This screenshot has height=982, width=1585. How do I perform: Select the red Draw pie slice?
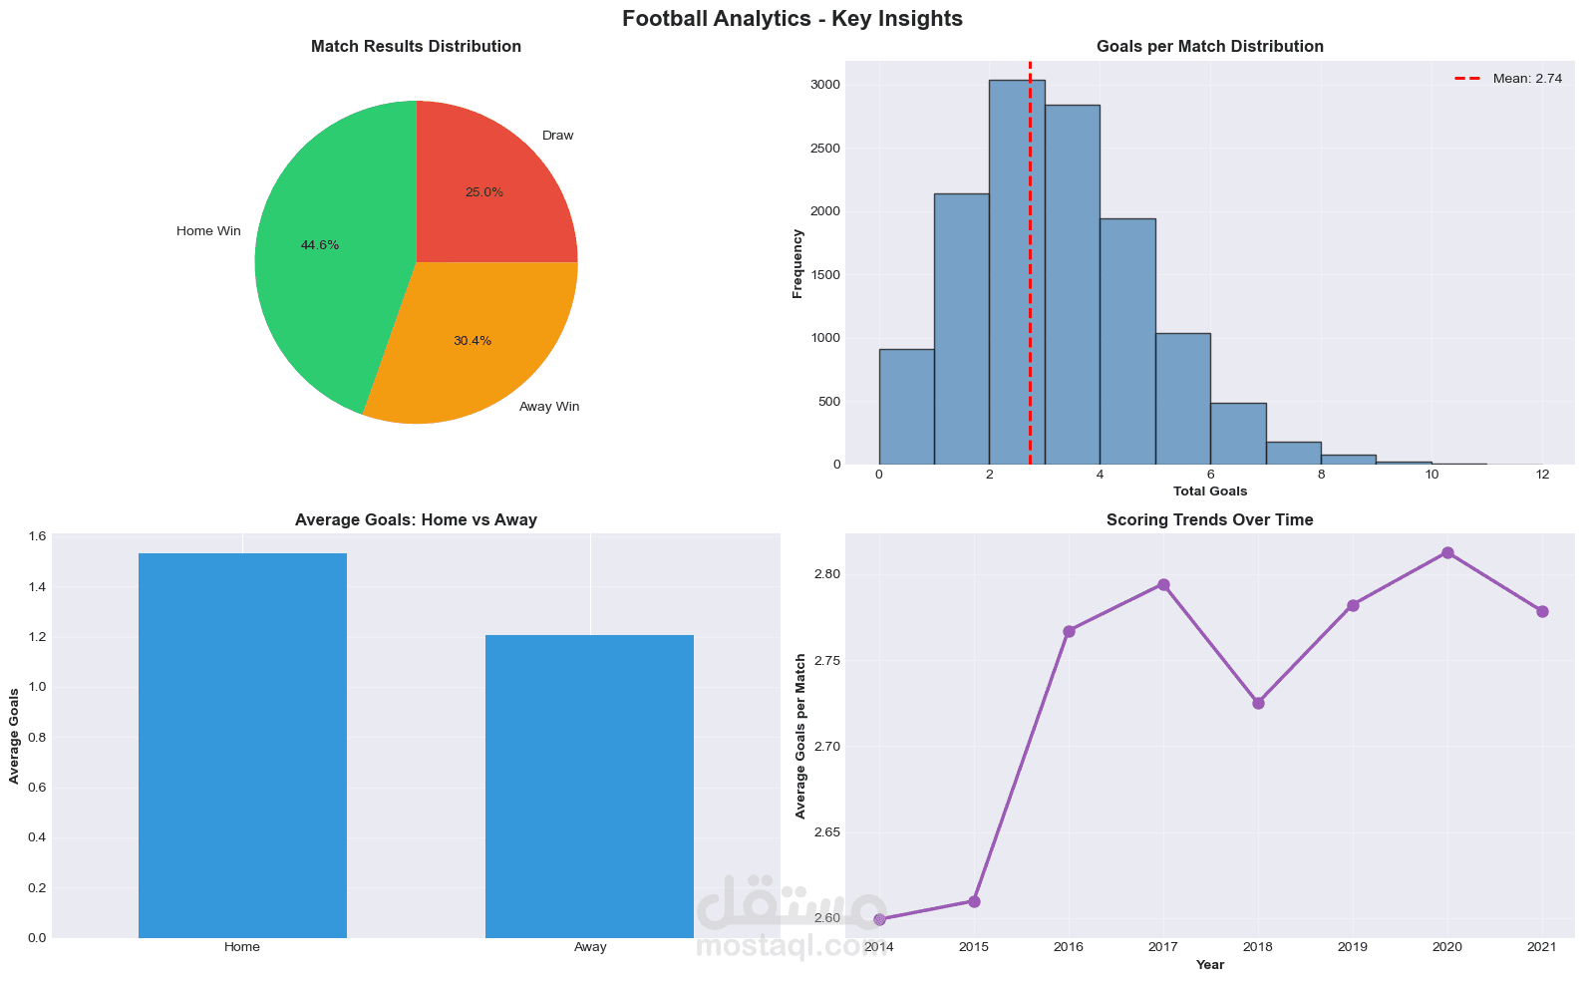pyautogui.click(x=488, y=189)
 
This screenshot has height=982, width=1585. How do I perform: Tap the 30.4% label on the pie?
pyautogui.click(x=473, y=341)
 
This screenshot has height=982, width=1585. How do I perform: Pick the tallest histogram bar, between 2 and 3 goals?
pyautogui.click(x=1017, y=269)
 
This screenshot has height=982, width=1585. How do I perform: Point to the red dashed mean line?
pyautogui.click(x=1030, y=299)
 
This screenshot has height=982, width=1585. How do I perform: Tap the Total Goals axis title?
pyautogui.click(x=1209, y=491)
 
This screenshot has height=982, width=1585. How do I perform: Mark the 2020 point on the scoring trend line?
pyautogui.click(x=1447, y=552)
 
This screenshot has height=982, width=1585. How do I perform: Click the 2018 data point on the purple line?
pyautogui.click(x=1258, y=703)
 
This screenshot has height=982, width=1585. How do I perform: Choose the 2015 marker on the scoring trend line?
pyautogui.click(x=974, y=901)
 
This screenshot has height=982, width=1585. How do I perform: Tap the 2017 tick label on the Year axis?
pyautogui.click(x=1163, y=947)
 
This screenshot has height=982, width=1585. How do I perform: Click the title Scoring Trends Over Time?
pyautogui.click(x=1209, y=519)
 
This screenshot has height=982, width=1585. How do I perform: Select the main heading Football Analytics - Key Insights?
pyautogui.click(x=792, y=18)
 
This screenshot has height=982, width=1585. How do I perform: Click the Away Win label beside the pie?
pyautogui.click(x=549, y=407)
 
